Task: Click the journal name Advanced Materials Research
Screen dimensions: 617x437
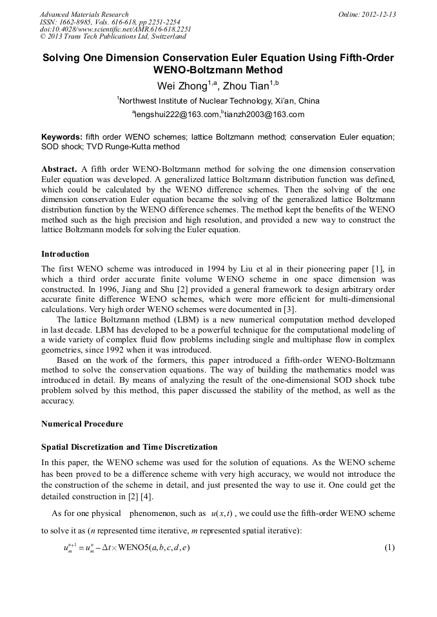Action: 84,14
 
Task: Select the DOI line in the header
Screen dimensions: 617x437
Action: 115,29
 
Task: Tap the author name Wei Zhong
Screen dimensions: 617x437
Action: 184,86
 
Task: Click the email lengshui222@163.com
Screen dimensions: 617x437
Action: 176,115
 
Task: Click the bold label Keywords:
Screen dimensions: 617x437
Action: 62,137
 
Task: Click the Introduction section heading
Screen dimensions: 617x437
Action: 65,254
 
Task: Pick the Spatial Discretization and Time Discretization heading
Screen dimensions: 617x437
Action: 129,447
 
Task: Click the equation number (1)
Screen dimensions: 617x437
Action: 389,548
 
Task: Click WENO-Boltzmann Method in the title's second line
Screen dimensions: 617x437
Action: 218,70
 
